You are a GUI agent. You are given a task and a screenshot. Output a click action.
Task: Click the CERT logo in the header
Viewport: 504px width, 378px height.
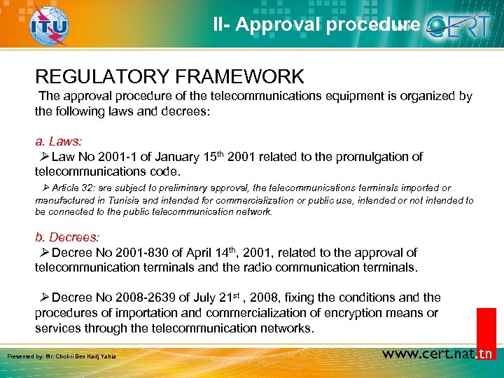pos(463,26)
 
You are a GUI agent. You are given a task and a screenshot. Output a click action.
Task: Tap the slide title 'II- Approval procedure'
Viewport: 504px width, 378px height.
pos(317,25)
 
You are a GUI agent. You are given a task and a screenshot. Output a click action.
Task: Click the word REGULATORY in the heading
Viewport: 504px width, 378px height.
pos(99,76)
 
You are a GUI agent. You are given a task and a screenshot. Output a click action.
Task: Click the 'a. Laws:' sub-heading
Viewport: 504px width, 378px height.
pos(63,141)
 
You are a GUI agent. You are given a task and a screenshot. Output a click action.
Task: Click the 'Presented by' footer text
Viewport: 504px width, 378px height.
pos(62,357)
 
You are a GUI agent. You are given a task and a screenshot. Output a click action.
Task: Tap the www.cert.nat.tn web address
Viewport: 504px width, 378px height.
pos(437,353)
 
